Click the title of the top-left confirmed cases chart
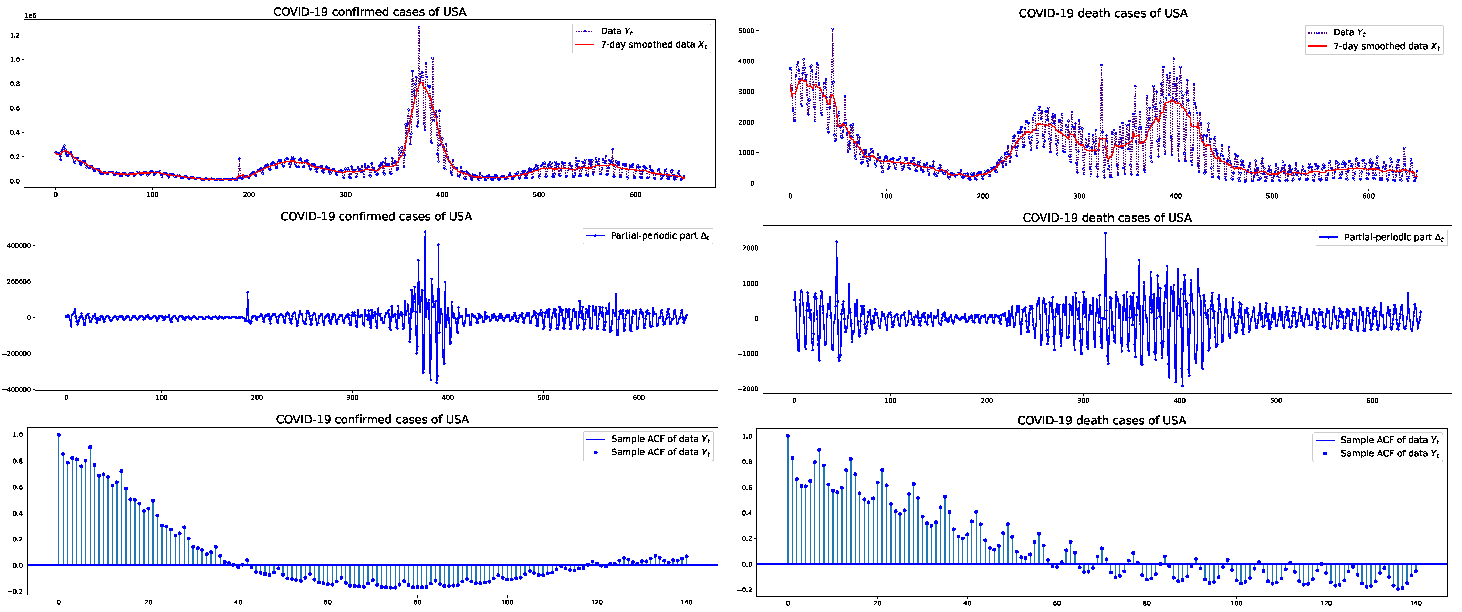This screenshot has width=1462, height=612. point(369,12)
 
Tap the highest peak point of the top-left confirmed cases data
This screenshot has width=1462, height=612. point(419,27)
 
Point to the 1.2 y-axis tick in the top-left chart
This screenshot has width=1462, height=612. point(15,35)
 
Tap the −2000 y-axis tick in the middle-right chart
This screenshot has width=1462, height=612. point(748,389)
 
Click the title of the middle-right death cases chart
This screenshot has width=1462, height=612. point(1107,218)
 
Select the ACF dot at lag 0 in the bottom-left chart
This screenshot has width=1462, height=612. point(59,435)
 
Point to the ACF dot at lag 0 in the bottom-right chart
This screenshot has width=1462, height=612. point(788,436)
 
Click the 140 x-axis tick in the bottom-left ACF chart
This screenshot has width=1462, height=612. point(687,602)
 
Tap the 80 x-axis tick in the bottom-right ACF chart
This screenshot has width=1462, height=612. point(1147,603)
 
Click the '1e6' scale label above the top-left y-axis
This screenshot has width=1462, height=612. point(30,15)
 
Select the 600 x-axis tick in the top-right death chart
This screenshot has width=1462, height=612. point(1368,196)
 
